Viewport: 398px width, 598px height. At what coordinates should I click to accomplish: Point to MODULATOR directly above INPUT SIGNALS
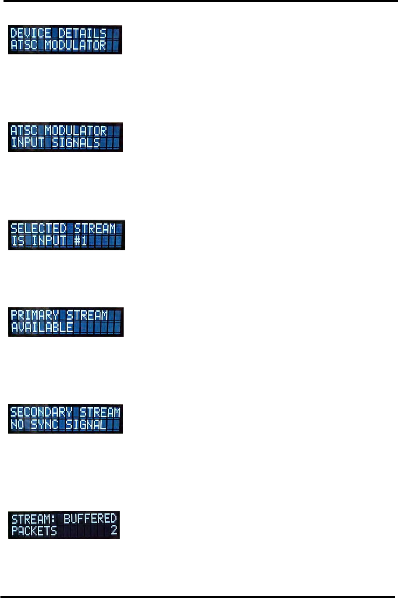76,131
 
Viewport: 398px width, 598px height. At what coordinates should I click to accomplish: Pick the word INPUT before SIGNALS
28,143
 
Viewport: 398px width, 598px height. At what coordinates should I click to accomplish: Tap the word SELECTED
38,228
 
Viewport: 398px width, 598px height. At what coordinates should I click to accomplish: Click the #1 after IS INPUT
80,241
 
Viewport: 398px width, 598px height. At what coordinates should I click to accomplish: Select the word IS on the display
18,241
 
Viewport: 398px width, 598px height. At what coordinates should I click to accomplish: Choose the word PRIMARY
35,315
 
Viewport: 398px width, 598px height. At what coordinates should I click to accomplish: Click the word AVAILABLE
42,327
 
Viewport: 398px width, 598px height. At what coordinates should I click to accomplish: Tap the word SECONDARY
41,412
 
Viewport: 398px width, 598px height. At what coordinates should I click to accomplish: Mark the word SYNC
44,424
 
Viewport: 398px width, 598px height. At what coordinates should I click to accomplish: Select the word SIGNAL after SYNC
86,424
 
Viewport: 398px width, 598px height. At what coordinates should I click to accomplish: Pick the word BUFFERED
90,519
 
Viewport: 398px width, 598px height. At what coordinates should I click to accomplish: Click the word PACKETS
34,531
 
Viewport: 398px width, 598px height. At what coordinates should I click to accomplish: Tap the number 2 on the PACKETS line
114,530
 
